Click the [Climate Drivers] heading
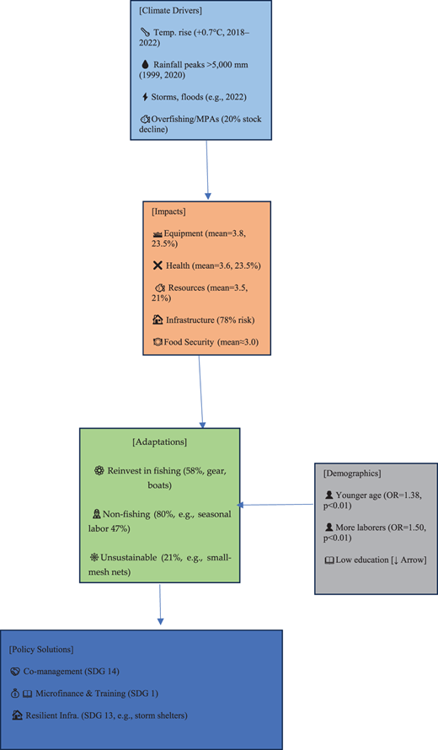[171, 10]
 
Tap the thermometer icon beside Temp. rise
[145, 33]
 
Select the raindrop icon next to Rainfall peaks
[146, 65]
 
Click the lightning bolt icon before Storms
[146, 97]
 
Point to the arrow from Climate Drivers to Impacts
[207, 169]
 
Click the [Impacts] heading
[168, 212]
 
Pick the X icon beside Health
[158, 265]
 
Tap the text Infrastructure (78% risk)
[211, 320]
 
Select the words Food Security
[189, 342]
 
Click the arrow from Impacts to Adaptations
[200, 392]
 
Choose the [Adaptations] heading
[160, 442]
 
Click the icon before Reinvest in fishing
[99, 471]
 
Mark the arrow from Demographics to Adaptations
[275, 505]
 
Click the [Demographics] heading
[352, 474]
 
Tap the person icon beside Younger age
[329, 495]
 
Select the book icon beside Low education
[329, 560]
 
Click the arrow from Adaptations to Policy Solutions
[160, 604]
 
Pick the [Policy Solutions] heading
[41, 650]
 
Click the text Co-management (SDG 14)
[72, 672]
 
